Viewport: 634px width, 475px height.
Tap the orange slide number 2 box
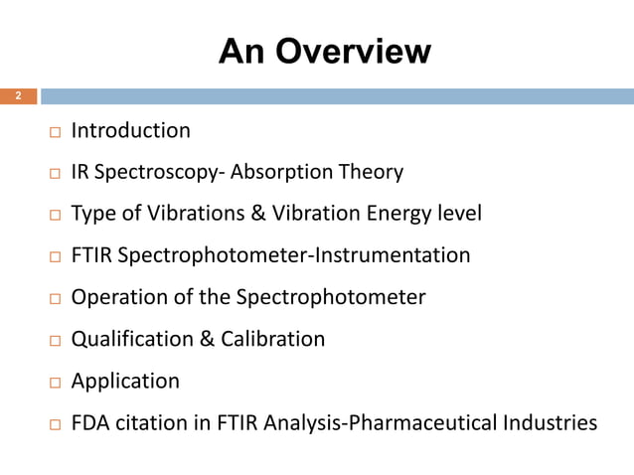pos(18,96)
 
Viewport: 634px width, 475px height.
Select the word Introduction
pos(131,130)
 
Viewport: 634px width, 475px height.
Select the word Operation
pos(113,298)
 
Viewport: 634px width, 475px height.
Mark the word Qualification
pos(133,340)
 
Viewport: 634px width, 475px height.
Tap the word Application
pos(126,382)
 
